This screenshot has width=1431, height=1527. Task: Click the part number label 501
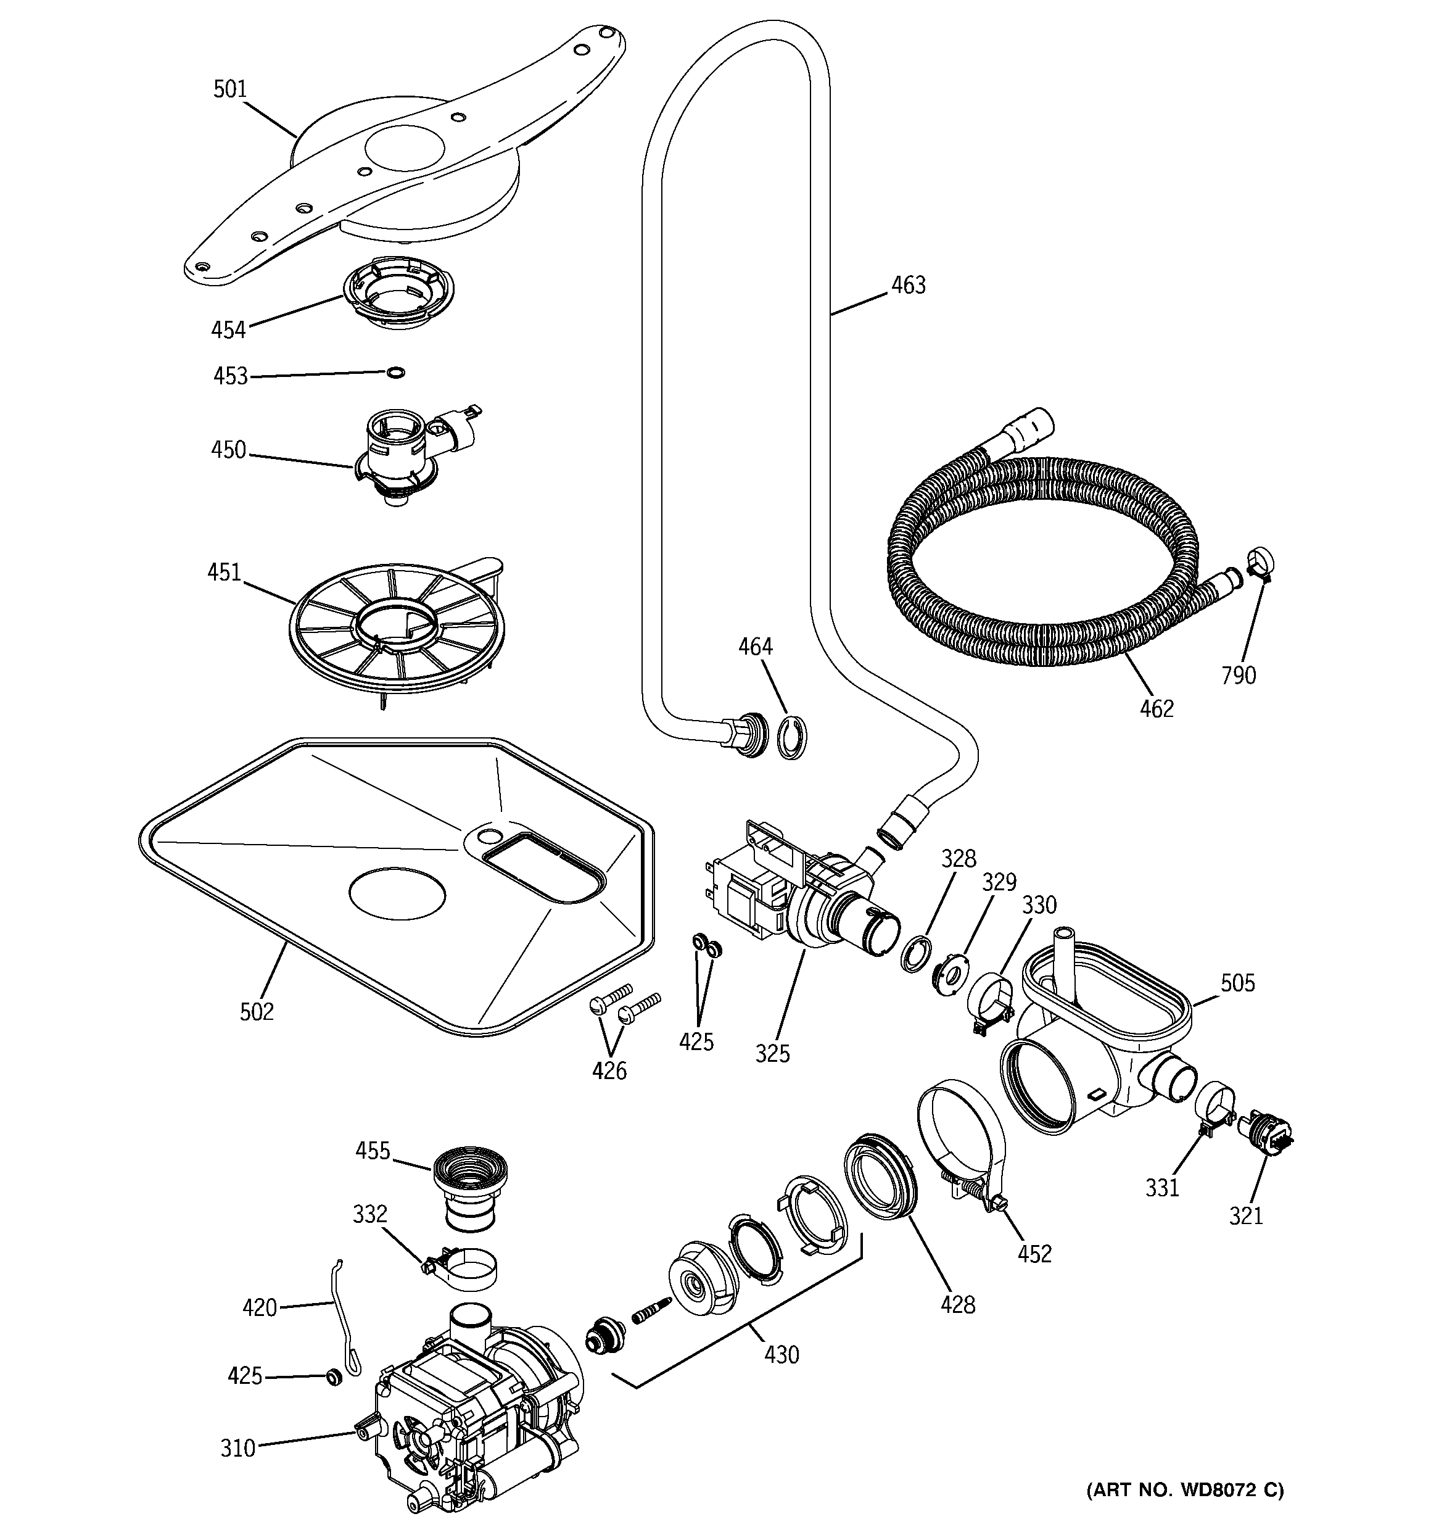click(x=229, y=90)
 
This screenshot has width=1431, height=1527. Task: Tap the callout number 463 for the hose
click(x=908, y=286)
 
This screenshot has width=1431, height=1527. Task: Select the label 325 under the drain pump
click(x=772, y=1053)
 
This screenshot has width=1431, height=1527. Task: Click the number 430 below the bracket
click(x=781, y=1354)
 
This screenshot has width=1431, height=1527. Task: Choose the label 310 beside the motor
click(x=237, y=1448)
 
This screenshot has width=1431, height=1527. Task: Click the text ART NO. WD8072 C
click(x=1184, y=1489)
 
